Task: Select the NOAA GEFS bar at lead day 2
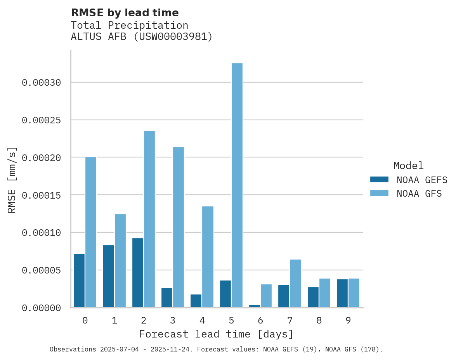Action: pyautogui.click(x=138, y=273)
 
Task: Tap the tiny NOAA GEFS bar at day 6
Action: pyautogui.click(x=255, y=306)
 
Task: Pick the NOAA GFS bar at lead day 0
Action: pyautogui.click(x=91, y=232)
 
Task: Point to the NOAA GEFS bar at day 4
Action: pyautogui.click(x=196, y=301)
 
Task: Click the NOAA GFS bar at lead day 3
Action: pyautogui.click(x=179, y=227)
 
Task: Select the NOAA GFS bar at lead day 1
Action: pyautogui.click(x=120, y=261)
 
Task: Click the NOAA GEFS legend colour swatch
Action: pyautogui.click(x=379, y=179)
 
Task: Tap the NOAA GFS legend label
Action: pyautogui.click(x=419, y=194)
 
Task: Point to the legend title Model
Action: pyautogui.click(x=408, y=166)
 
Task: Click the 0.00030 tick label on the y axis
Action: pyautogui.click(x=42, y=83)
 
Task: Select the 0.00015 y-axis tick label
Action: pyautogui.click(x=42, y=195)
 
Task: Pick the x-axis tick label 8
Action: pyautogui.click(x=319, y=320)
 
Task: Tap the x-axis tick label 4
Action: pyautogui.click(x=202, y=320)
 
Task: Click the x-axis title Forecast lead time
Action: pyautogui.click(x=216, y=334)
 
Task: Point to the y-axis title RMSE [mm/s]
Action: pyautogui.click(x=12, y=180)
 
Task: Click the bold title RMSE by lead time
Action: pyautogui.click(x=125, y=13)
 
